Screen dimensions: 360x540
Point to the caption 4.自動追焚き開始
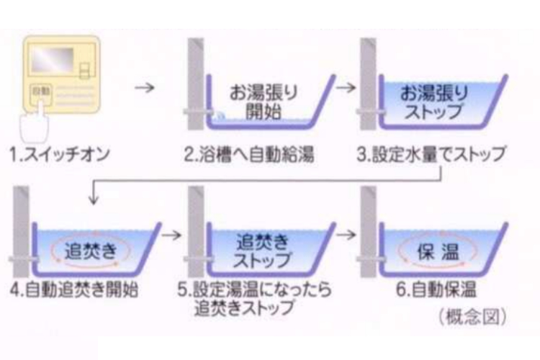tap(76, 292)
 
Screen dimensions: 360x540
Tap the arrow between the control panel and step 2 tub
tap(145, 89)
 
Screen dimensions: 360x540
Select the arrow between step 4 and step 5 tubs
tap(171, 235)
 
